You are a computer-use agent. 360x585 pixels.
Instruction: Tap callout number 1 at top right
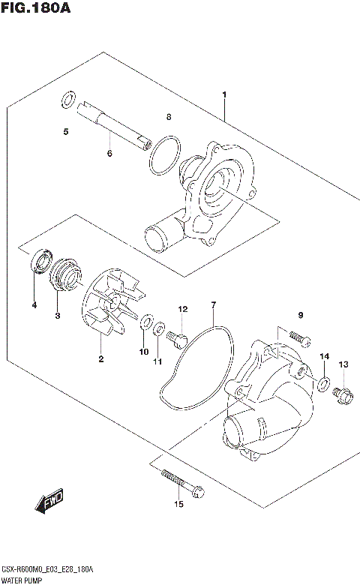[223, 94]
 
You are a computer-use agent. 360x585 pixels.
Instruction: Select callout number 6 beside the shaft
[109, 153]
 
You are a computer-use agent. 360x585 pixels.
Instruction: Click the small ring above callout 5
[67, 99]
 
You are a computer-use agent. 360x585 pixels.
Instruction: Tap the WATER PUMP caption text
[22, 580]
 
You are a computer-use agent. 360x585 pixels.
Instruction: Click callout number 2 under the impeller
[100, 359]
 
